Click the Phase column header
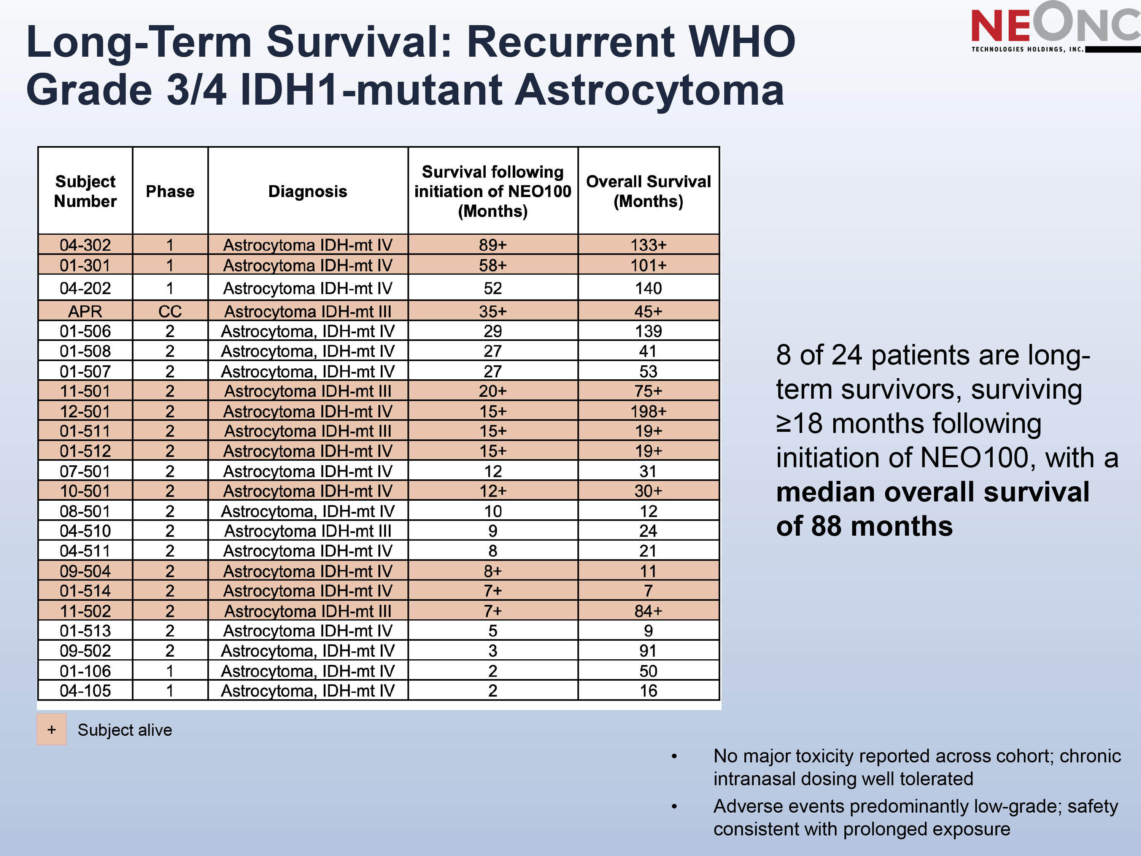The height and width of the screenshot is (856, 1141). tap(170, 191)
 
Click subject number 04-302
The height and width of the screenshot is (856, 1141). tap(85, 245)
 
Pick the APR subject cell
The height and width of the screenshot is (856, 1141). tap(85, 311)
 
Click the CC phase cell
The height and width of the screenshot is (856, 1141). tap(170, 311)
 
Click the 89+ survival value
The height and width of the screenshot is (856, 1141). tap(492, 245)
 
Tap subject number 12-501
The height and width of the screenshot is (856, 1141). tap(85, 411)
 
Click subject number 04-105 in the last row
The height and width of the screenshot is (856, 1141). tap(85, 691)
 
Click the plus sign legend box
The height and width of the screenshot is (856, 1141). tap(52, 730)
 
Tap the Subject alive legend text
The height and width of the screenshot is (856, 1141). tap(125, 730)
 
